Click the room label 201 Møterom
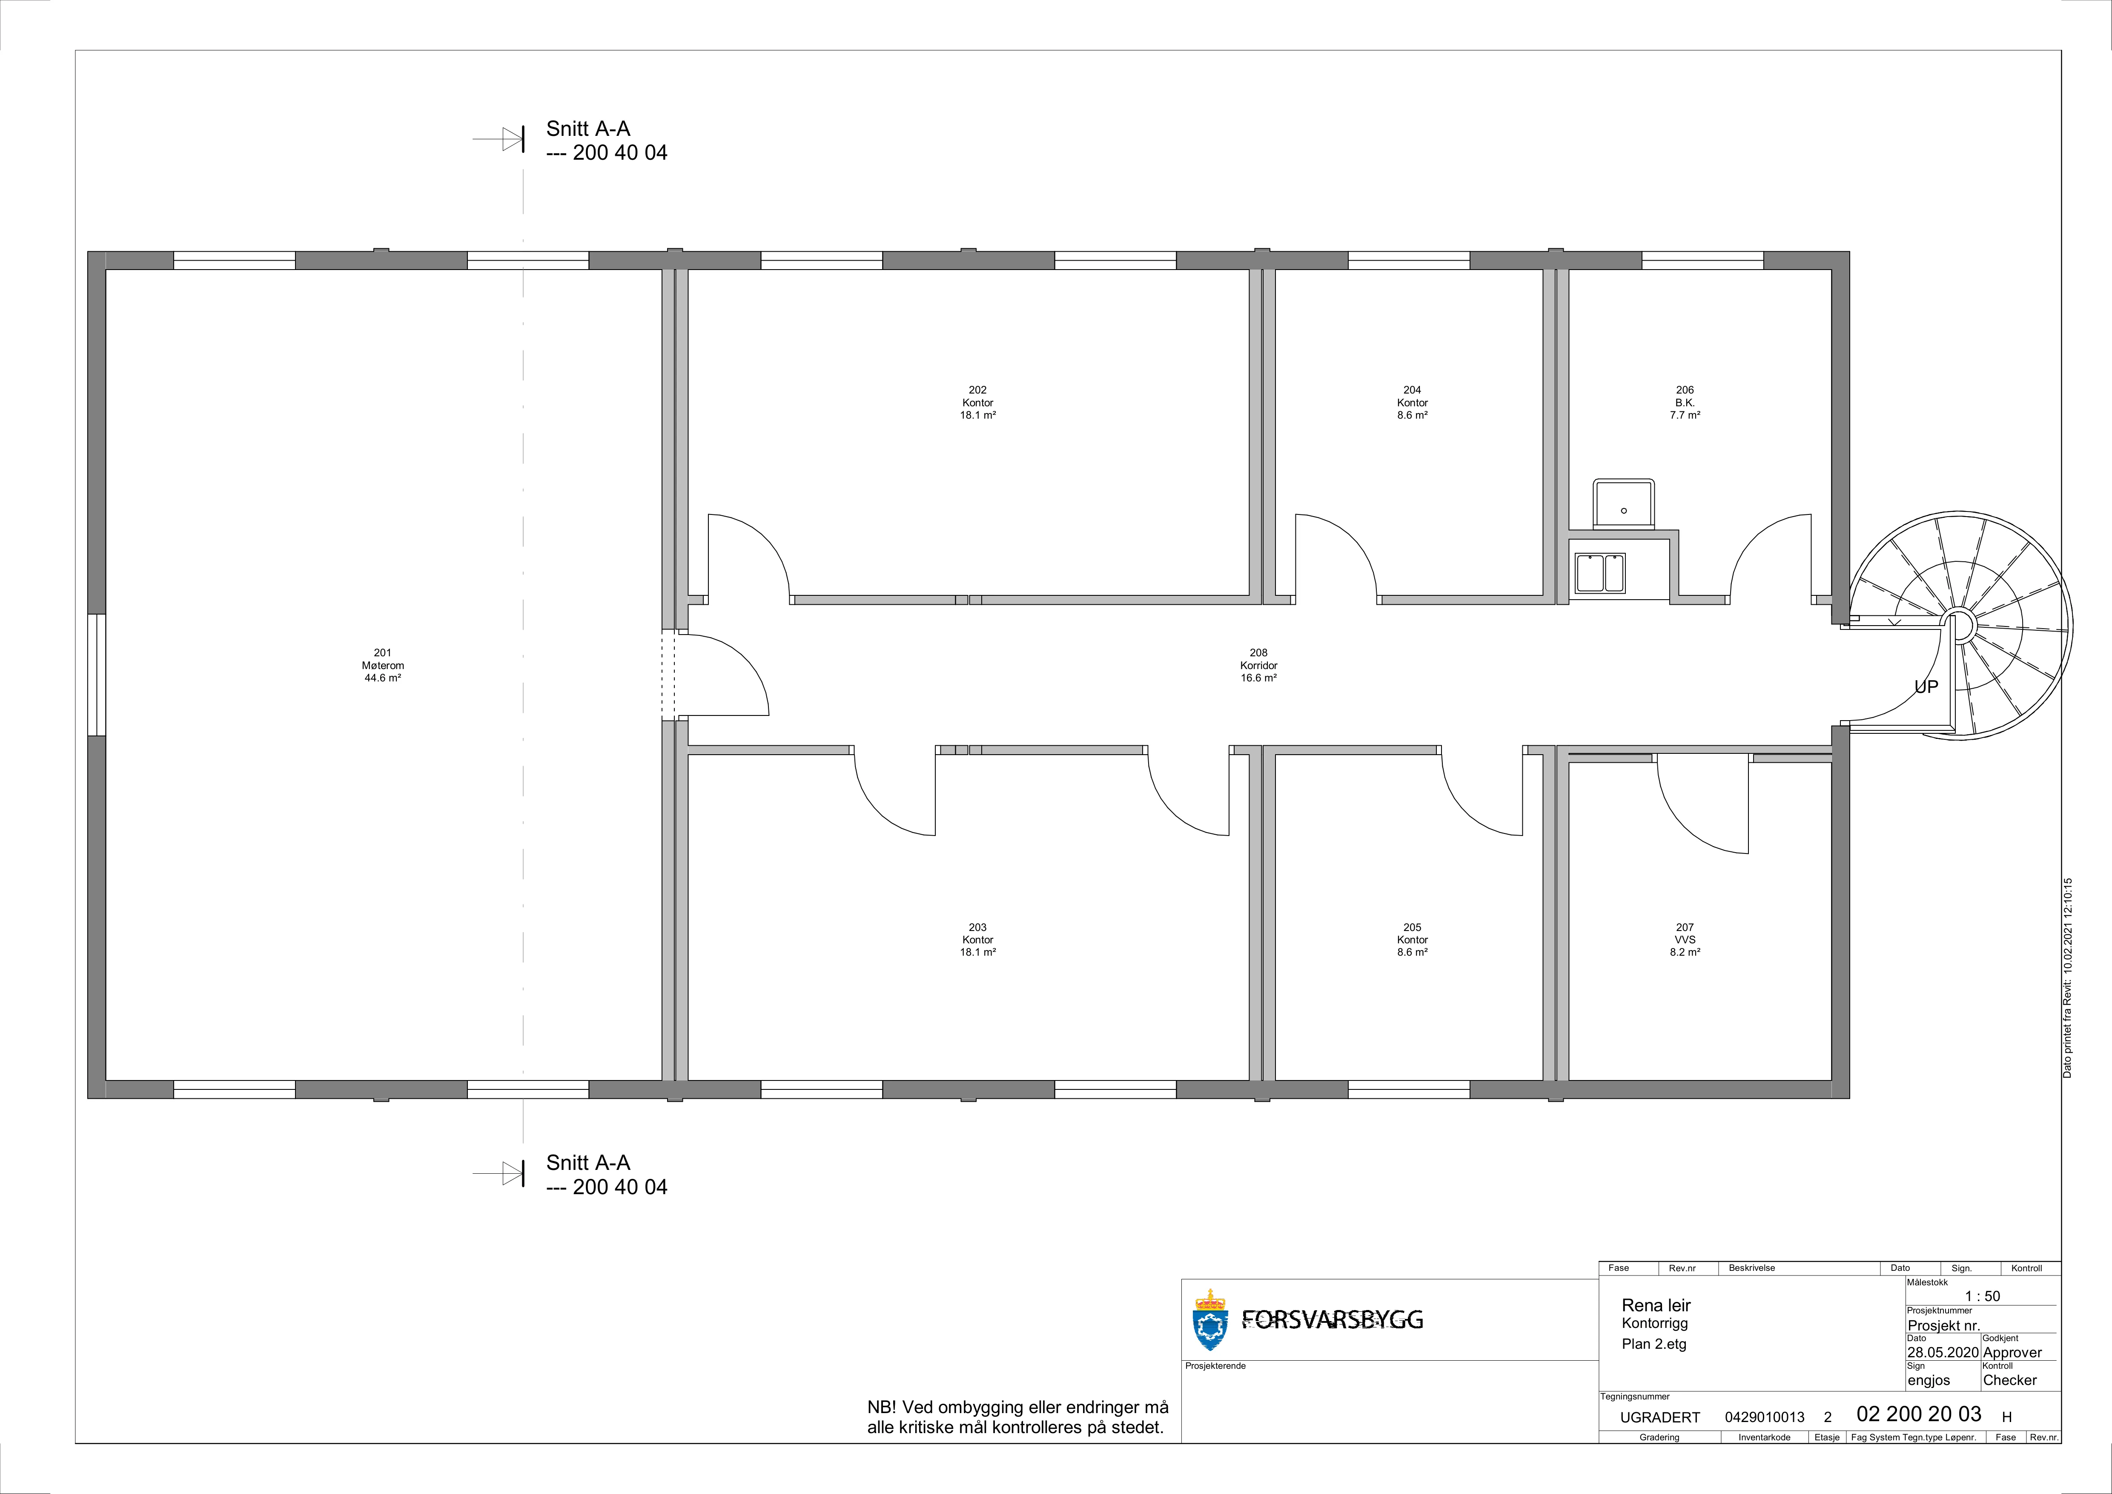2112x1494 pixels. (383, 665)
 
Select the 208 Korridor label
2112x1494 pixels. (1258, 665)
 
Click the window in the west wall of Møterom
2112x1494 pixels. (97, 674)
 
